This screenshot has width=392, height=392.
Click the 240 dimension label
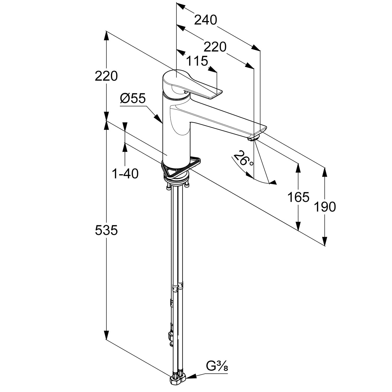point(206,20)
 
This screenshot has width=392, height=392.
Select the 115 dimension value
point(197,61)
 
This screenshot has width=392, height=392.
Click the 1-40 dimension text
point(125,174)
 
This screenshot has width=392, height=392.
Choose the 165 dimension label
point(298,197)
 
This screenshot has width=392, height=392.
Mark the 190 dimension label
point(325,207)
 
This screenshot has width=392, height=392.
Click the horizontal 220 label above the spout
point(215,47)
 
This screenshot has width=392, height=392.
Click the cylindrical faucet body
point(176,131)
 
